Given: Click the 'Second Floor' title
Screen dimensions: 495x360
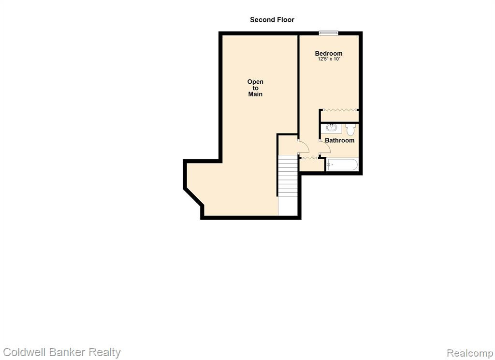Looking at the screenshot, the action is [x=272, y=19].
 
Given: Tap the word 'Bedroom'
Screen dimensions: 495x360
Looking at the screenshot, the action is [x=329, y=53].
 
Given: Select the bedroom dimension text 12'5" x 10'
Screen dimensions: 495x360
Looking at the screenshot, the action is [x=329, y=59].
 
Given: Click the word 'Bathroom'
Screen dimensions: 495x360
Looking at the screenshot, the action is [x=339, y=140].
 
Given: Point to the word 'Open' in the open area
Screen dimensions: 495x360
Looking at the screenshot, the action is [x=255, y=82].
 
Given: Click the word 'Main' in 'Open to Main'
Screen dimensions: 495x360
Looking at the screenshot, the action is [x=255, y=94].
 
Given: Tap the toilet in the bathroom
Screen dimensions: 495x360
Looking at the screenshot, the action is [x=350, y=129].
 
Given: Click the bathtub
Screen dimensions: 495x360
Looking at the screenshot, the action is [x=343, y=165].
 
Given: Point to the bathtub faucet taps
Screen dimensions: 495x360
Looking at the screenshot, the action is [x=330, y=165].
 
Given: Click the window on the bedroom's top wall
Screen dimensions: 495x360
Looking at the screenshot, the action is [x=328, y=32].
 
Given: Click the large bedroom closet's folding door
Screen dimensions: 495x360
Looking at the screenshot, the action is [x=339, y=110].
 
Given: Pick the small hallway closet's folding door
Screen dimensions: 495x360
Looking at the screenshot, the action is [x=309, y=157].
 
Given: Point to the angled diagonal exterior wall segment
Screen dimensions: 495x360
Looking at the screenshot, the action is [x=193, y=197].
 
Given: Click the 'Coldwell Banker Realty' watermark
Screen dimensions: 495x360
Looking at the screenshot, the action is [x=62, y=352].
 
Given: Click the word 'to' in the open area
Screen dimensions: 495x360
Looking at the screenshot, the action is [x=255, y=88].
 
